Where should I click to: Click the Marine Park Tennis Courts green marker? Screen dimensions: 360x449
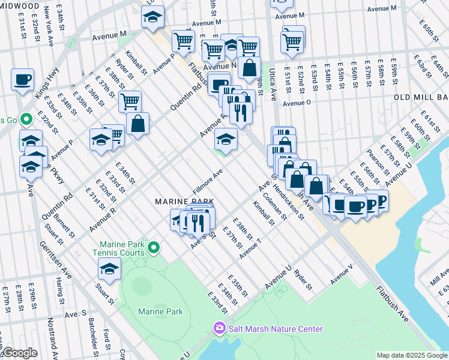[154, 247]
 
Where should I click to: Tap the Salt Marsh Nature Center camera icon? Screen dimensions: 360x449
[218, 328]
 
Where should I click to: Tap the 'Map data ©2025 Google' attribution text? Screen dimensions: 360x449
[411, 355]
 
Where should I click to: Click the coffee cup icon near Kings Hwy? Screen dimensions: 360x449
[22, 79]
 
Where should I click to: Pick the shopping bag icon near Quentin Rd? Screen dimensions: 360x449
[137, 124]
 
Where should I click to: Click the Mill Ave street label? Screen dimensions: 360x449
[439, 276]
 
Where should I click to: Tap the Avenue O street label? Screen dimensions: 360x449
[297, 103]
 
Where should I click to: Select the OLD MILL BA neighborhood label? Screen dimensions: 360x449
[421, 97]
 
